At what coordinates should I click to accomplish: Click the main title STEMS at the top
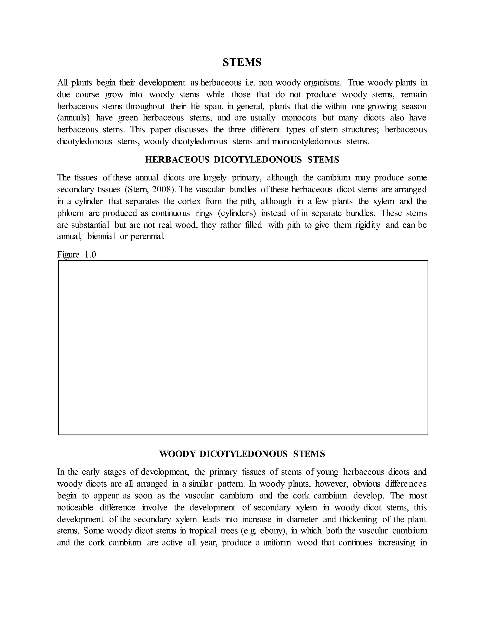coord(242,63)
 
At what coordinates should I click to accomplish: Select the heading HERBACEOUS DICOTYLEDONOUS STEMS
coord(242,160)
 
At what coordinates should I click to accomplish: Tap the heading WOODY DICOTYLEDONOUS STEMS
coord(242,454)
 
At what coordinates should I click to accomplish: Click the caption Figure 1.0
coord(76,254)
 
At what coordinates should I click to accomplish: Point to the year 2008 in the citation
coord(162,189)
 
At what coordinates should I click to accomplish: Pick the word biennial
coord(101,237)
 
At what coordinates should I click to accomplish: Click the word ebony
coord(272,531)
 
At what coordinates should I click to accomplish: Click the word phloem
coord(70,213)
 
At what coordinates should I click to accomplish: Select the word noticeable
coord(75,507)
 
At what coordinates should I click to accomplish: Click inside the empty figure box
coord(243,347)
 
